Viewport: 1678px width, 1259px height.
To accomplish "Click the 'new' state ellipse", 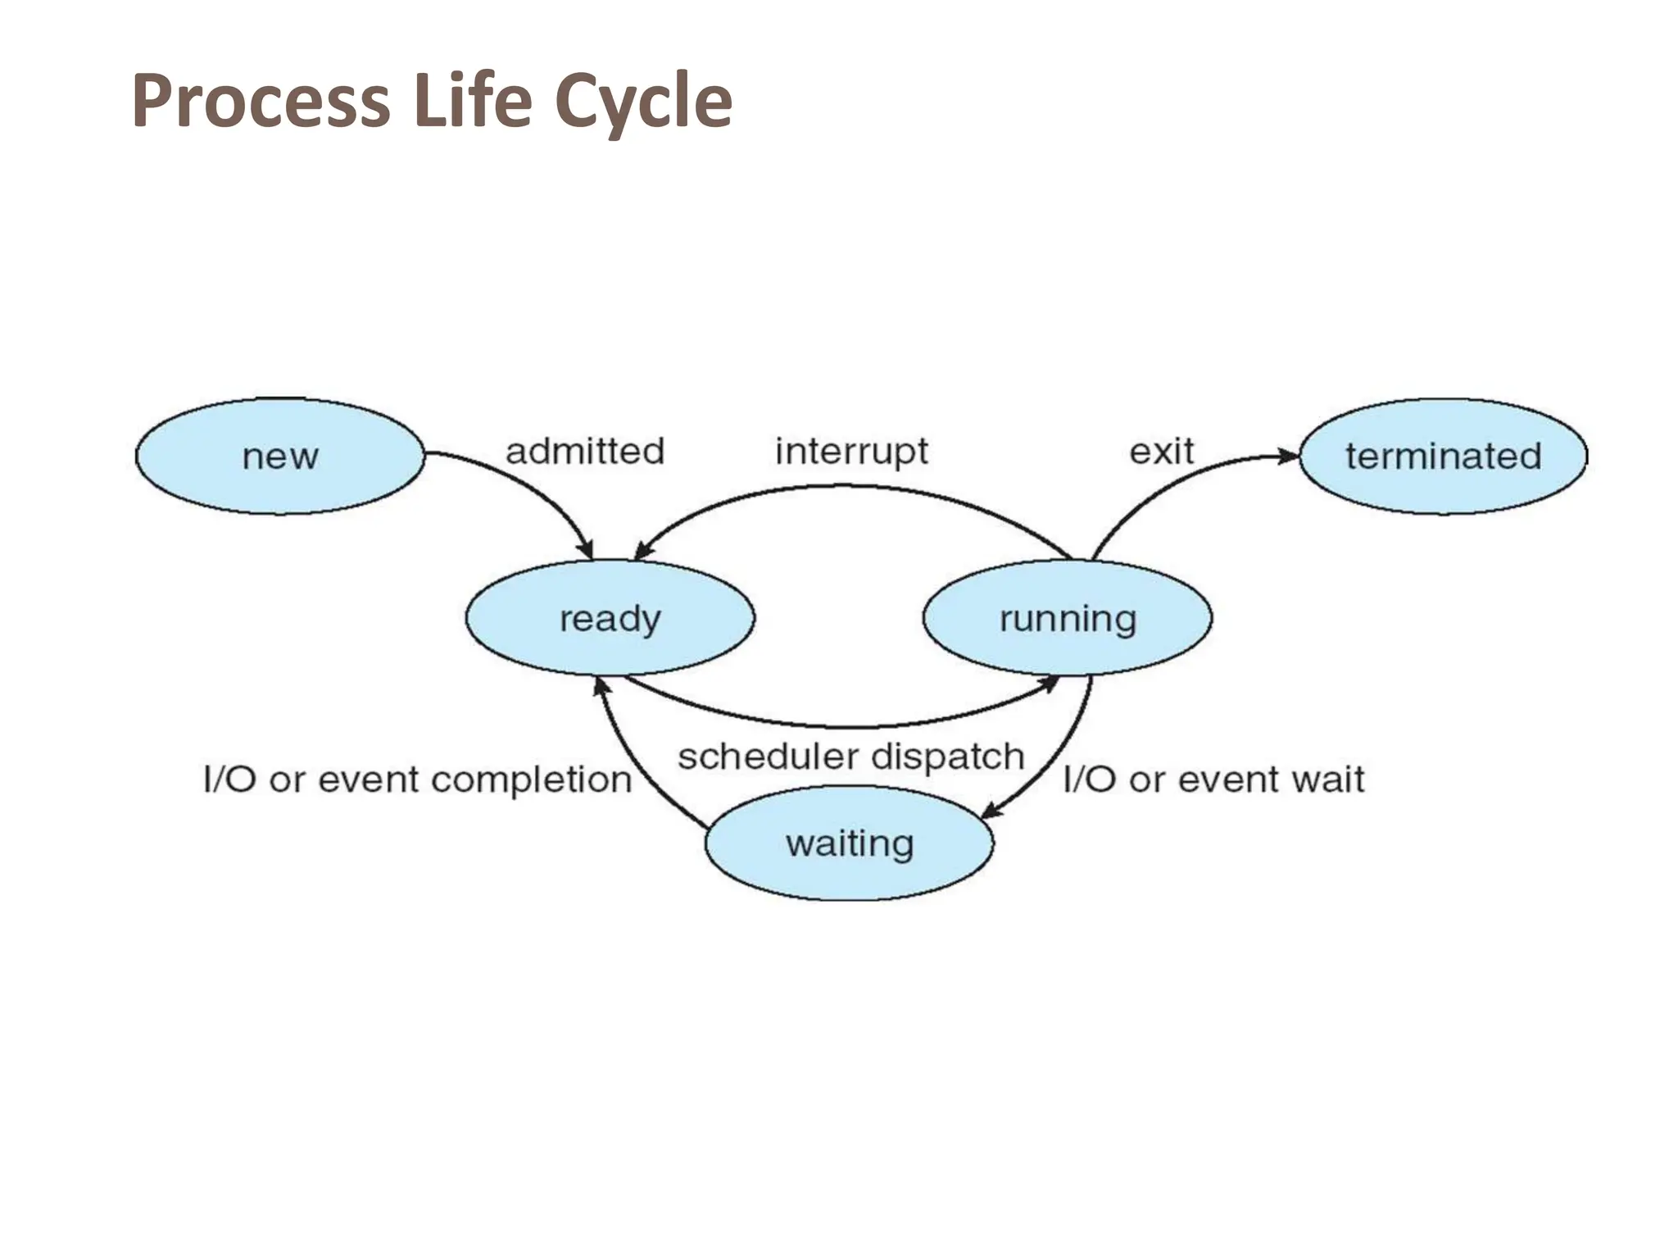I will point(280,457).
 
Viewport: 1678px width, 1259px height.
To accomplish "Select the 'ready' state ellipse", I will point(610,618).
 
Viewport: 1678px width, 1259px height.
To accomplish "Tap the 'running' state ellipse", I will point(1067,618).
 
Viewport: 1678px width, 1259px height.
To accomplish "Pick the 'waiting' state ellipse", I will point(850,843).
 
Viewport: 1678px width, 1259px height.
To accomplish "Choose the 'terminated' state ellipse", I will point(1443,457).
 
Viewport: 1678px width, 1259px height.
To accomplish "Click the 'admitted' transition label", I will point(585,452).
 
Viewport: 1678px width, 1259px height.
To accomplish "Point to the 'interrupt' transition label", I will point(851,452).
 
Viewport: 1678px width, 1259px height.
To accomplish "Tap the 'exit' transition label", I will point(1161,452).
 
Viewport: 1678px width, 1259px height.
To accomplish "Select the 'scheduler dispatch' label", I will point(851,757).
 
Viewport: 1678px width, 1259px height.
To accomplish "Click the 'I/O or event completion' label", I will point(418,779).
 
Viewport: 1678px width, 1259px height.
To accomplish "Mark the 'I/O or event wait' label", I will point(1213,779).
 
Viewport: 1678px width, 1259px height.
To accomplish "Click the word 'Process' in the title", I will point(261,102).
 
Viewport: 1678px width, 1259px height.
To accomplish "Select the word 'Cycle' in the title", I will point(643,102).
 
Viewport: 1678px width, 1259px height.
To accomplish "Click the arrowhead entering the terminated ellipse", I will point(1290,456).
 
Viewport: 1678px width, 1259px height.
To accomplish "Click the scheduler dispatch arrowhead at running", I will point(1048,683).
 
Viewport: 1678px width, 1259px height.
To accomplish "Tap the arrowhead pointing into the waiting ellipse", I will point(991,811).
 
